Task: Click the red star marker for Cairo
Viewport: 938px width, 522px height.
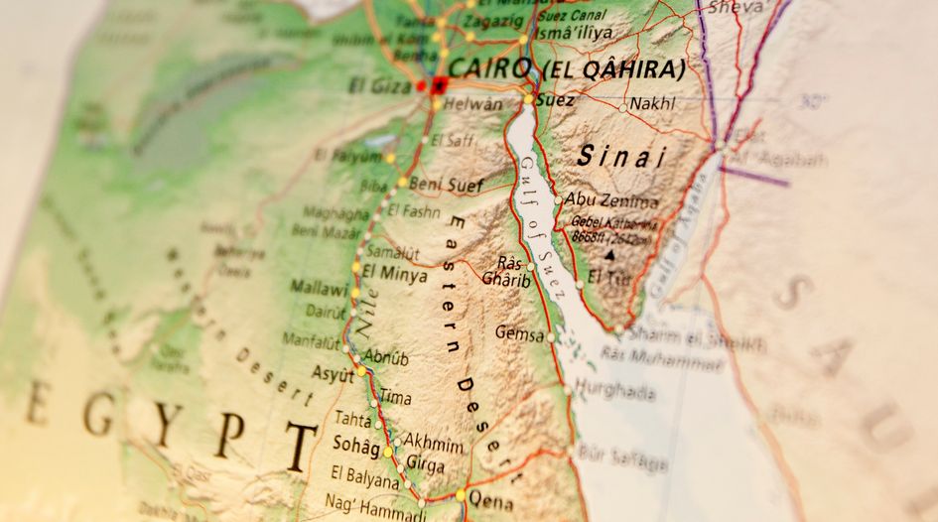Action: [439, 83]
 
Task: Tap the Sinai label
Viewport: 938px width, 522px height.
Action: [621, 156]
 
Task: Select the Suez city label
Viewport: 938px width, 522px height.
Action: [555, 100]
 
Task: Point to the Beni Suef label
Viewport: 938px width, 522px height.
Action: [446, 185]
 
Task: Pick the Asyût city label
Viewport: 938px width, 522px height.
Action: [333, 375]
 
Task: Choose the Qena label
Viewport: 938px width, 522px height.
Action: [491, 498]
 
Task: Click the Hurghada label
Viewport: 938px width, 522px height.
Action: [614, 392]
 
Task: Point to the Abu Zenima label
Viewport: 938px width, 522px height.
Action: [610, 199]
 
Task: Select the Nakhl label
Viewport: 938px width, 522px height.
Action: [652, 102]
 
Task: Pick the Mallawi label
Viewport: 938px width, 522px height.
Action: [319, 288]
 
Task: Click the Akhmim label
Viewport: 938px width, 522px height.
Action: [435, 444]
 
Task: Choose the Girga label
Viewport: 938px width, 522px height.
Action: [427, 462]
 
